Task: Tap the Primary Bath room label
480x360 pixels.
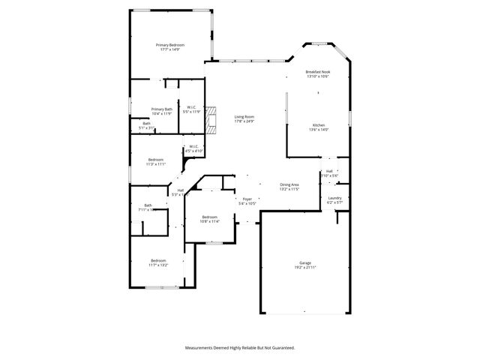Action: (x=162, y=109)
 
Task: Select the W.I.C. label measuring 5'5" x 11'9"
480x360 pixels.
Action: (x=193, y=107)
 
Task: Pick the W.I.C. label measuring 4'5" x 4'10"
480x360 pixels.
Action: (x=193, y=146)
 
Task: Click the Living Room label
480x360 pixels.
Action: (x=244, y=117)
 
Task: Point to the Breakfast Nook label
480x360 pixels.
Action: (x=317, y=72)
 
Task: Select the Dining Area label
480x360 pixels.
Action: (x=289, y=184)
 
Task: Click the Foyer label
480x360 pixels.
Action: (x=247, y=199)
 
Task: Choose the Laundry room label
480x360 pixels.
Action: (x=334, y=198)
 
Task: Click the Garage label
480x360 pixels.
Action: (x=304, y=263)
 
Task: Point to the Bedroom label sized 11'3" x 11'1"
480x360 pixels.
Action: (x=156, y=160)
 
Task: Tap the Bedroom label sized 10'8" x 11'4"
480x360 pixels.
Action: (x=209, y=217)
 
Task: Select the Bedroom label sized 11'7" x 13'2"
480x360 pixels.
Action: (x=157, y=260)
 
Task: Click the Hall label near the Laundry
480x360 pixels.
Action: (x=329, y=172)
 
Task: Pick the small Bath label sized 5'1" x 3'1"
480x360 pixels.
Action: (x=146, y=124)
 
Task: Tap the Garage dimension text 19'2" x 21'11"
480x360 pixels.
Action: (x=304, y=268)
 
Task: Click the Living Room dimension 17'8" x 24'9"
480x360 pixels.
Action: (x=244, y=121)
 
